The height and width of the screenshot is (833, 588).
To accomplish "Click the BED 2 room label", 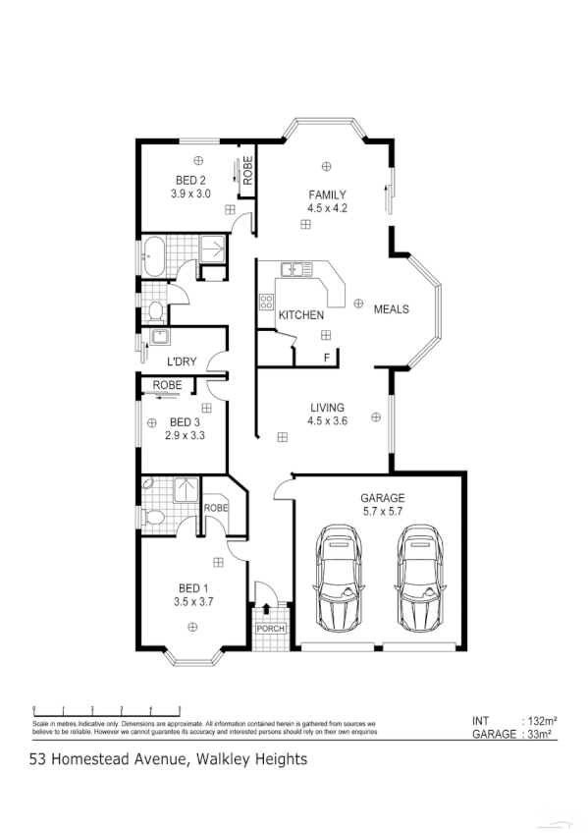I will [x=190, y=180].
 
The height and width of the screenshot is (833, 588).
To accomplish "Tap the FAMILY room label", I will [x=327, y=194].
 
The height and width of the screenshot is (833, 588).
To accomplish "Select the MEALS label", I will [x=391, y=309].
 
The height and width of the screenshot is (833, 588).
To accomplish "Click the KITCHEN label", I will [x=300, y=315].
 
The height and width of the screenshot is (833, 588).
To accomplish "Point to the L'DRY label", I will [x=181, y=361].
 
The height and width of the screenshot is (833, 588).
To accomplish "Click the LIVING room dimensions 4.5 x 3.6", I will [x=327, y=422].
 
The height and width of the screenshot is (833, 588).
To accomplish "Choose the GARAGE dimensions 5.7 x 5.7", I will [x=382, y=513].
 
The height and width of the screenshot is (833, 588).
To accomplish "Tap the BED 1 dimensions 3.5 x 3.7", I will [x=193, y=601].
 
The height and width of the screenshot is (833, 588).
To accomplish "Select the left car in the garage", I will [x=339, y=581].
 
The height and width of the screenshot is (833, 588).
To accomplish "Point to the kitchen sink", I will [x=294, y=268].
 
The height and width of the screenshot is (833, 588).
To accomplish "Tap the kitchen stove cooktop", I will [x=266, y=304].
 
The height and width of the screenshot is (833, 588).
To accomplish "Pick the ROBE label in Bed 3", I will [x=167, y=385].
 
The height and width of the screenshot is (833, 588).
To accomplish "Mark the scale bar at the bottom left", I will [x=107, y=708].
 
